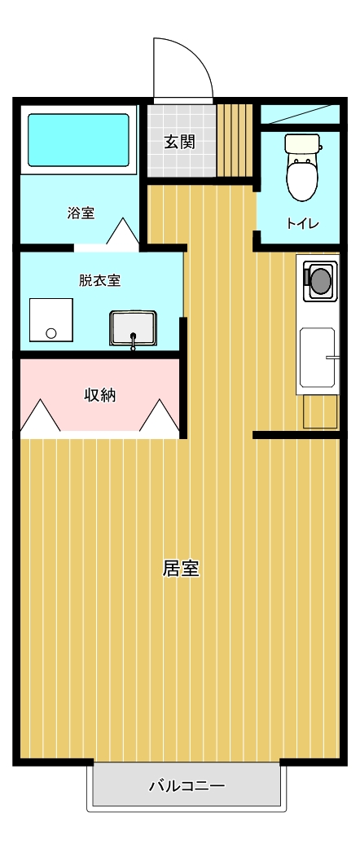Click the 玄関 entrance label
179,143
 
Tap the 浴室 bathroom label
81,213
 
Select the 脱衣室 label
99,281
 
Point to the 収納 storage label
100,395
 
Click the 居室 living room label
181,569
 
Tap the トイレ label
303,224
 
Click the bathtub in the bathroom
78,140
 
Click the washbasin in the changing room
133,327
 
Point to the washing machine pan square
50,319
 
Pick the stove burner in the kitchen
320,280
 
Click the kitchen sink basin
318,358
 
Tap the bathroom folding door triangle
123,231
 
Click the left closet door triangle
40,415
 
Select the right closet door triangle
160,415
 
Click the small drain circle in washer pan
52,332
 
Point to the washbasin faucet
134,341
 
